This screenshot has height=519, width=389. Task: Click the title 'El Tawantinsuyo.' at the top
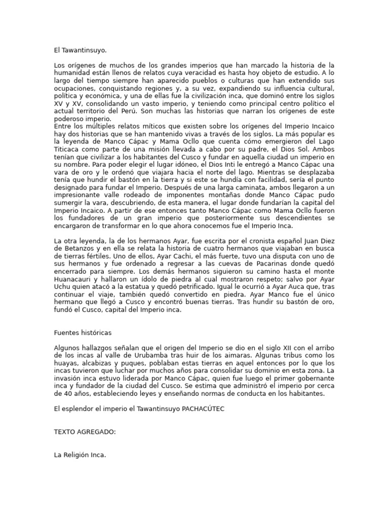pos(81,51)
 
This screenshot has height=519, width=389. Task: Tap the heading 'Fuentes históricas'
pos(83,332)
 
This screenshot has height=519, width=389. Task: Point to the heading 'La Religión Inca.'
pos(80,455)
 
